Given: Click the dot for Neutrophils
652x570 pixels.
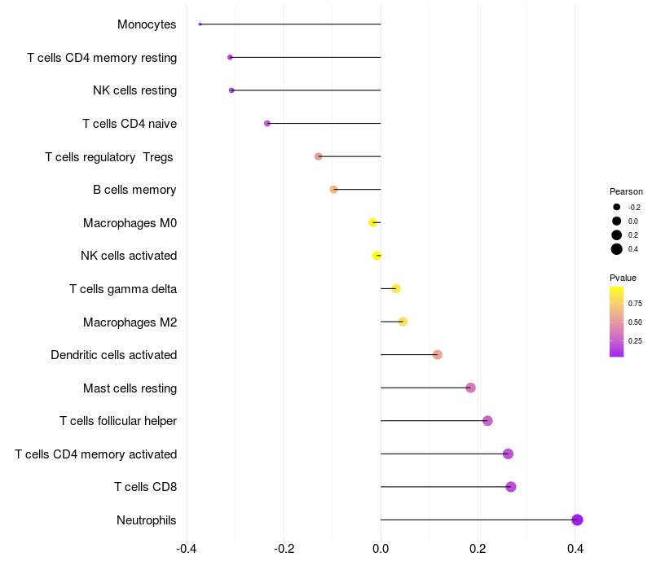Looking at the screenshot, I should coord(577,520).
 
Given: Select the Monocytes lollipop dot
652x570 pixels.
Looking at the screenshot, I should coord(200,24).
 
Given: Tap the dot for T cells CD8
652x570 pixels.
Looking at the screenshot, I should coord(511,487).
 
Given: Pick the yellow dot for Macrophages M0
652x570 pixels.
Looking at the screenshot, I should coord(373,222).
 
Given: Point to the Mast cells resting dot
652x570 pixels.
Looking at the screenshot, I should coord(470,388).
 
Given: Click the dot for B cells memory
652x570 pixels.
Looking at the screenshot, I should coord(333,190).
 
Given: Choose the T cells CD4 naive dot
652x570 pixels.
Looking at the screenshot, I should coord(267,123).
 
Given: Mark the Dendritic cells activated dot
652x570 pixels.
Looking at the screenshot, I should coord(438,354).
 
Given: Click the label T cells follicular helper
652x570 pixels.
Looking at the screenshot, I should coord(118,421).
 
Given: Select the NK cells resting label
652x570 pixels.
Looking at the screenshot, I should coord(134,90).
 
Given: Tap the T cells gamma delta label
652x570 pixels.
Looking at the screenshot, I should coord(123,288).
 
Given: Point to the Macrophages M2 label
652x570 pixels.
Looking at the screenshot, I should coord(130,322).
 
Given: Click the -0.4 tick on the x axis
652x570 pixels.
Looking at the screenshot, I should coord(186,548).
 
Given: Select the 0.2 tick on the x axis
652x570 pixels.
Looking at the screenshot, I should coord(478,548).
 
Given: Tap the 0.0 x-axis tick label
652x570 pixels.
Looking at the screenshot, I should coord(381,548).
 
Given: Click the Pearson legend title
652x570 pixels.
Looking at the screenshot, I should coord(626,191).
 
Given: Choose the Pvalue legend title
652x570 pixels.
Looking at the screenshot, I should coord(623,278).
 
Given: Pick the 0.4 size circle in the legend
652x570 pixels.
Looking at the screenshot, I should coord(617,249).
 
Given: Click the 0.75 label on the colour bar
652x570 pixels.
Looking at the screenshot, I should coord(635,303).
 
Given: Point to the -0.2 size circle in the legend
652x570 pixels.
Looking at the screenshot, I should coord(617,207).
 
